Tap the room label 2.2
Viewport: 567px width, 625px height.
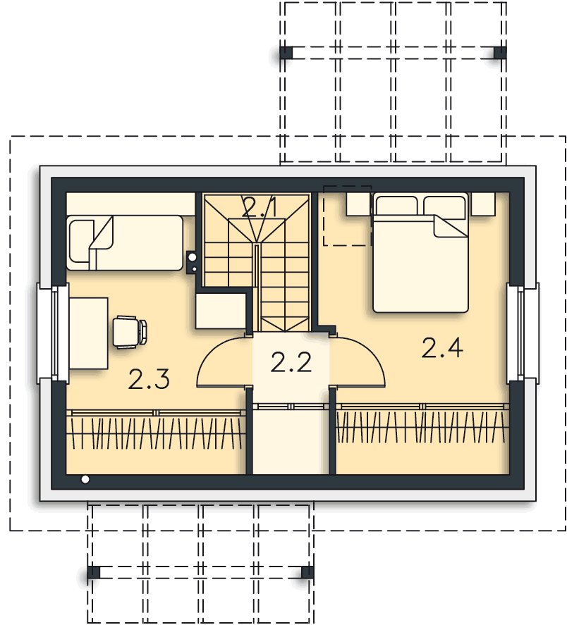291,362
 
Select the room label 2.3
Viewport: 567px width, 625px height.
149,380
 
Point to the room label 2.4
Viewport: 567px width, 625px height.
442,347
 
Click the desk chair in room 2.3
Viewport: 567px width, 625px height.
130,331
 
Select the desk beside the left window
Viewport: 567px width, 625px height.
87,333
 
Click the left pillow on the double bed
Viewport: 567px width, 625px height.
396,206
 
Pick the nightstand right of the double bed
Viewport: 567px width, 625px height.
483,204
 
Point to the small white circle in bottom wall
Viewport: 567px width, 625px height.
85,480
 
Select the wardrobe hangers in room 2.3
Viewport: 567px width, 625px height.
157,431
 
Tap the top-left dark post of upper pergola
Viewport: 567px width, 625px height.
286,53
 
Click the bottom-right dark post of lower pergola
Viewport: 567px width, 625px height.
307,572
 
